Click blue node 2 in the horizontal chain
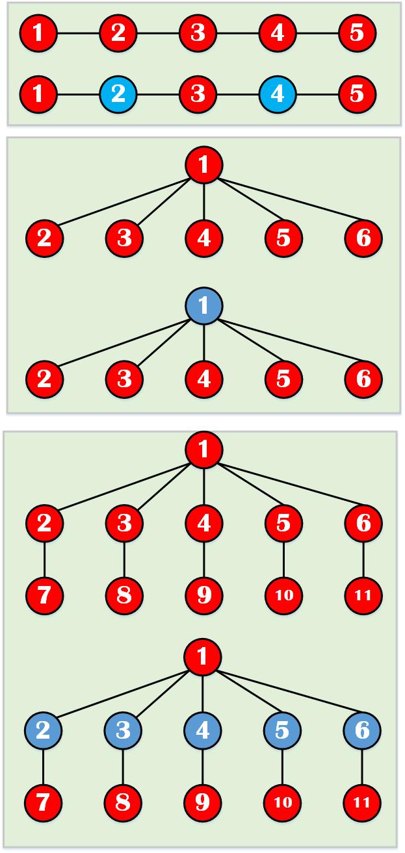118,94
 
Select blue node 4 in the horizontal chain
278,94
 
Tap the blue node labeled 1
204,306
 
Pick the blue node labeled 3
124,730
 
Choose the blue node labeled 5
283,730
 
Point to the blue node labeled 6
363,730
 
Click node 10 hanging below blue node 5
283,802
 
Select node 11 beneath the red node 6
363,594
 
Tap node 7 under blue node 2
44,802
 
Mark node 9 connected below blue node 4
204,802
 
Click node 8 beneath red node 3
124,594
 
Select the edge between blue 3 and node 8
124,767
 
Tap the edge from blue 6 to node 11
363,767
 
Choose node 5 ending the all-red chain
357,32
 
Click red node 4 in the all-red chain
278,32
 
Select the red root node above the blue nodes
204,656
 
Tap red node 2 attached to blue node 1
44,378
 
